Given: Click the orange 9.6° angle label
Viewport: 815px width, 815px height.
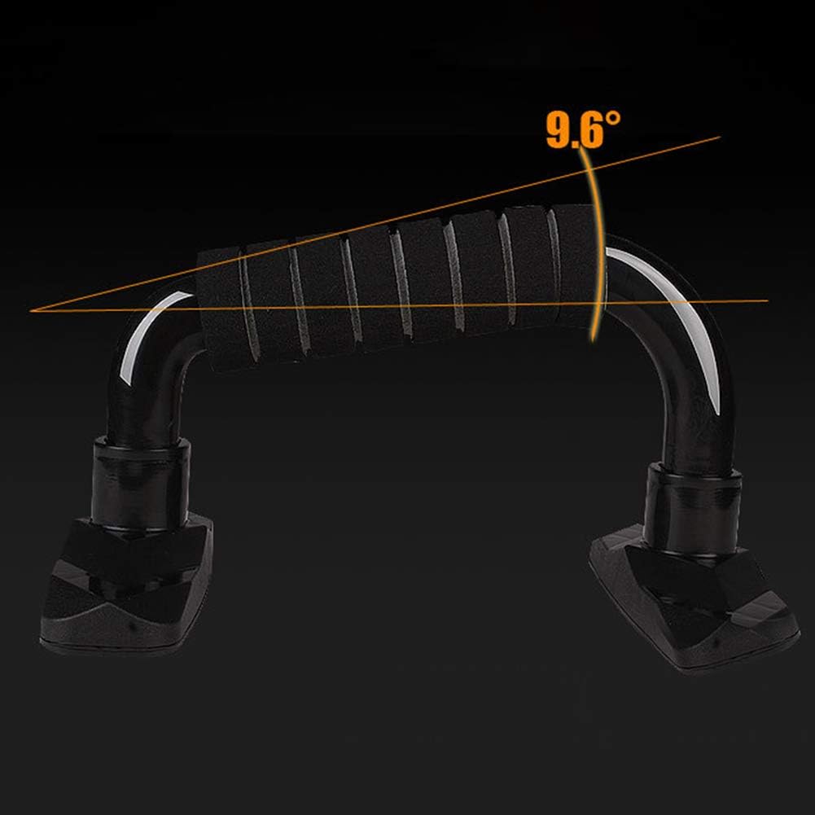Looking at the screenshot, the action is point(583,129).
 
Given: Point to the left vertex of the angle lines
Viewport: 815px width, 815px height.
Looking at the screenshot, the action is point(31,310).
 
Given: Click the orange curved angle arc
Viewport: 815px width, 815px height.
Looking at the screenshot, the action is point(596,244).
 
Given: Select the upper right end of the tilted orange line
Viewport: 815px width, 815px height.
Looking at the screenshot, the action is point(720,138).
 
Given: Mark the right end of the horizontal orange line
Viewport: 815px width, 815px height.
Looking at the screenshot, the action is point(768,301).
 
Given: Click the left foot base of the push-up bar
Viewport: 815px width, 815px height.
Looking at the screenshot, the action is point(127,585).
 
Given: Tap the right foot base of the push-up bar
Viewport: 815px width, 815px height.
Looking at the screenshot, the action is point(694,598).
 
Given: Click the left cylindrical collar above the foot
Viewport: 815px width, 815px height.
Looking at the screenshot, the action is point(140,482).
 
